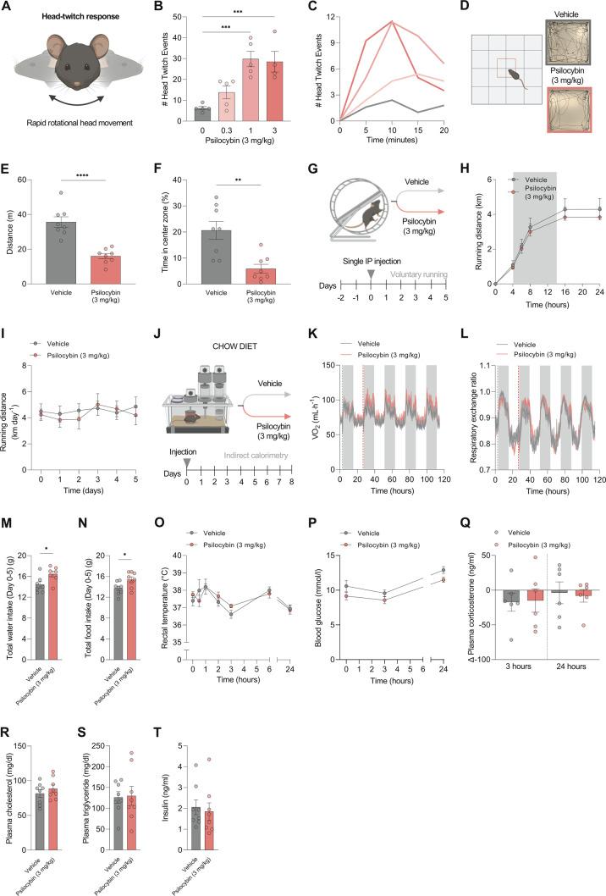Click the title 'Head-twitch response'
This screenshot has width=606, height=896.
pos(76,18)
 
